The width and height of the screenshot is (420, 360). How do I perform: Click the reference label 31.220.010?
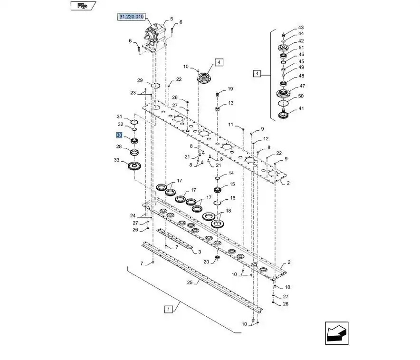pos(131,17)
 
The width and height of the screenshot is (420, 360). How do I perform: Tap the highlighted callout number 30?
pos(119,135)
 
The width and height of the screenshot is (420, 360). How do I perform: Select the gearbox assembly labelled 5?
pos(154,39)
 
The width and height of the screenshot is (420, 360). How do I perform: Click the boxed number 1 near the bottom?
pos(169,309)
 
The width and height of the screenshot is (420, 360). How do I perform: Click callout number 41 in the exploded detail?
pos(301,108)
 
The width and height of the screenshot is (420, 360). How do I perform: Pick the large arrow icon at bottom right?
pos(337,333)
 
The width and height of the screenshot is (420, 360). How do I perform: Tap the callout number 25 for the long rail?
pos(190,282)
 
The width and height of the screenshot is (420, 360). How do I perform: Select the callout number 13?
pos(230,103)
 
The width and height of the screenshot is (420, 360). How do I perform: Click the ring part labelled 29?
pos(156,86)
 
